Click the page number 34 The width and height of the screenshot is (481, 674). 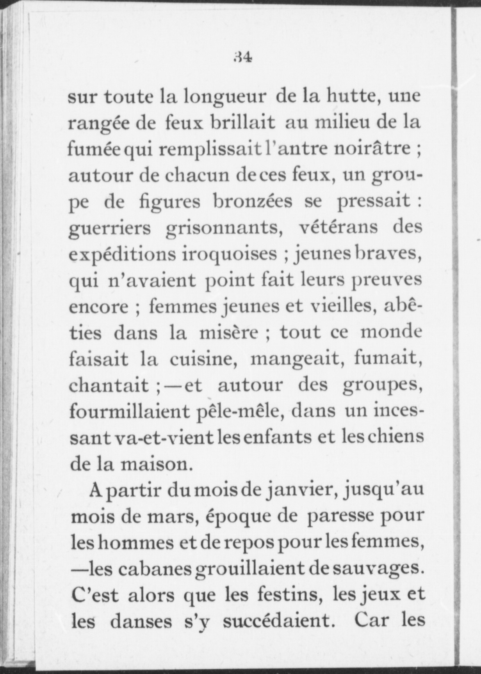point(242,57)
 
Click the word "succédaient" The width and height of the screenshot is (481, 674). point(280,621)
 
